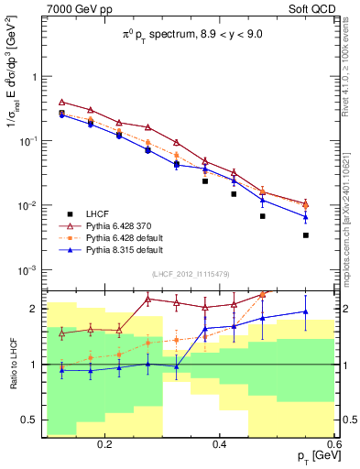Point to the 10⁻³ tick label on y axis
[x=27, y=270]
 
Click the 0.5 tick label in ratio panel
[x=29, y=420]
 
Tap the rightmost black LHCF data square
[x=306, y=235]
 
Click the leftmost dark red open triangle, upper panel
[x=61, y=103]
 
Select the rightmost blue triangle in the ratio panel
[x=306, y=311]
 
